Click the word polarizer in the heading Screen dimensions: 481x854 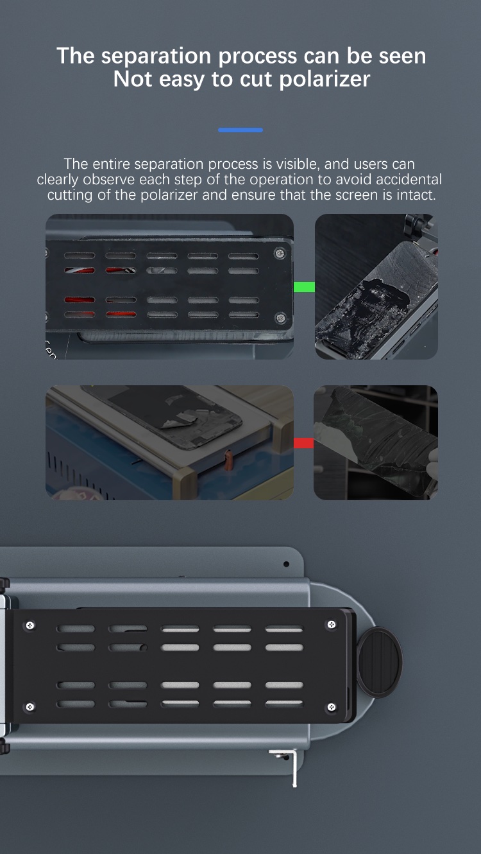pos(325,80)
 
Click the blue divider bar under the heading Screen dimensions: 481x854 pos(240,130)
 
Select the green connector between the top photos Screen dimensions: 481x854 pos(304,286)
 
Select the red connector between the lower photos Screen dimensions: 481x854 pos(303,443)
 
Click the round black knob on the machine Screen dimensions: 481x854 pos(379,662)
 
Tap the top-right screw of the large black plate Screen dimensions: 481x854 pos(332,625)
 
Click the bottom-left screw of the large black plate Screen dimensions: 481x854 pos(30,707)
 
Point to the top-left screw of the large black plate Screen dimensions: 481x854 pos(30,625)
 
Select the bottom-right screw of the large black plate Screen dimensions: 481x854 pos(332,707)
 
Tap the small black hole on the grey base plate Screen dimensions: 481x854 pos(287,564)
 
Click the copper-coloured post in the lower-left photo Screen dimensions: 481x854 pos(228,459)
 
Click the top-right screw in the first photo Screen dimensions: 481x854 pos(280,253)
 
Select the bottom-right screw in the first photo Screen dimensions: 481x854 pos(281,317)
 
